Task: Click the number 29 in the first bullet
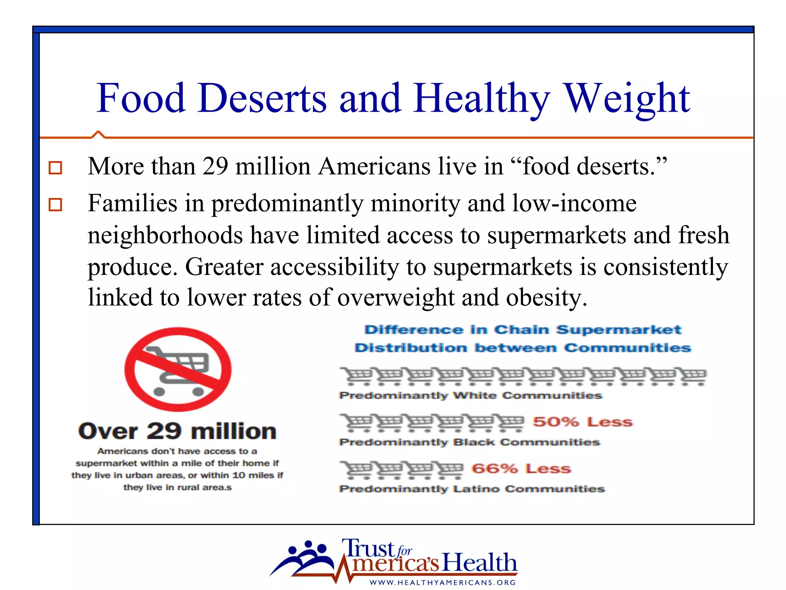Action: (x=215, y=166)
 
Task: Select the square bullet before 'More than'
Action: (x=55, y=168)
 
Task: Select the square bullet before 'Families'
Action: (x=55, y=204)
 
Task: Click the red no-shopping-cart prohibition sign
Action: (x=178, y=369)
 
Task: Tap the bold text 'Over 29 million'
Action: (x=177, y=431)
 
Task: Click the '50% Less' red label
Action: (x=582, y=422)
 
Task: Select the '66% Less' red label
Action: (x=521, y=469)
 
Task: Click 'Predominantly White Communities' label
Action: (x=471, y=396)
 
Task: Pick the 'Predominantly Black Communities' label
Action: (x=469, y=442)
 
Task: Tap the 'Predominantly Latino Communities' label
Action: (x=472, y=489)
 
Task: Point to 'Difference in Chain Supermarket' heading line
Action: (x=523, y=330)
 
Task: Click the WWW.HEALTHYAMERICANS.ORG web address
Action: (x=443, y=582)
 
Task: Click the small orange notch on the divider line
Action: (x=98, y=134)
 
